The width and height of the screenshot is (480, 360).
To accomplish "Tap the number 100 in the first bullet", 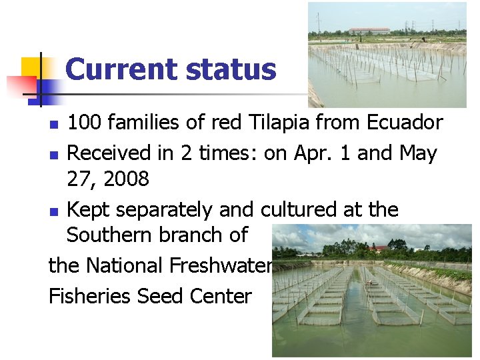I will coord(85,123).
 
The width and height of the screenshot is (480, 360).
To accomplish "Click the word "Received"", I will coord(110,153).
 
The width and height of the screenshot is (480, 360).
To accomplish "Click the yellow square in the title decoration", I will coord(31,66).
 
